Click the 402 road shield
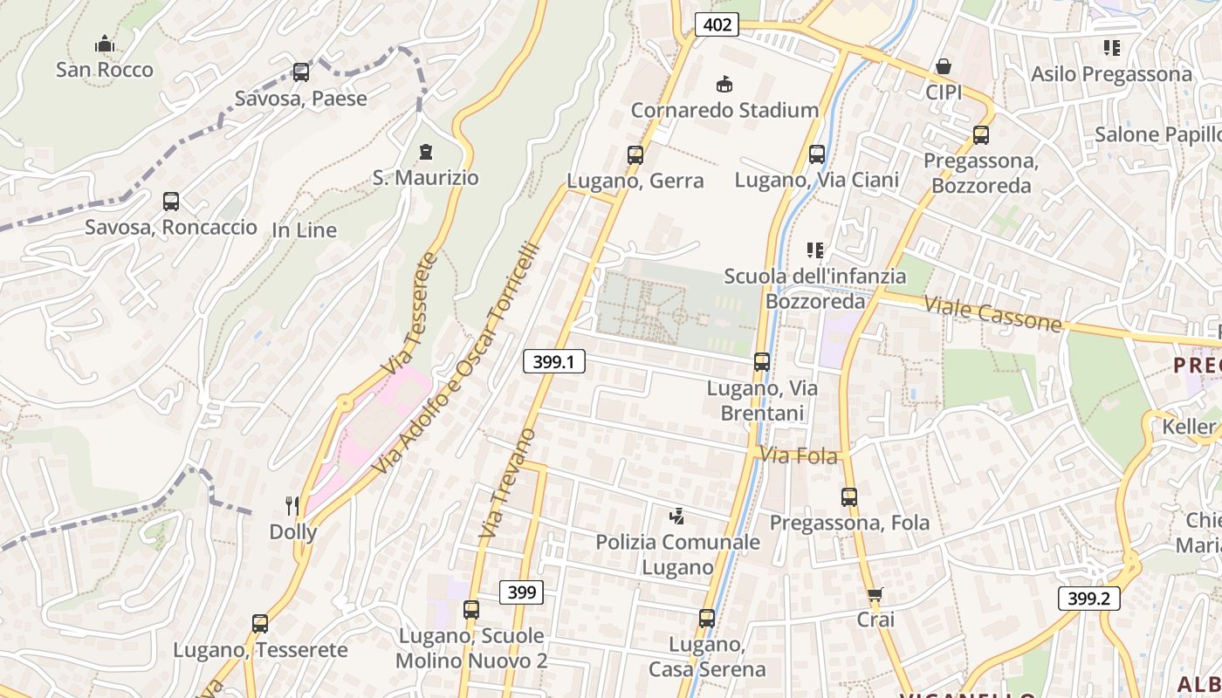coord(717,25)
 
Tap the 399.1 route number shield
coord(553,360)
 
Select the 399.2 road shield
coord(1088,599)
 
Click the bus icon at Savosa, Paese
coord(301,72)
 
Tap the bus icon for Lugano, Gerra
coord(635,155)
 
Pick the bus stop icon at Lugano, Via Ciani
coord(817,154)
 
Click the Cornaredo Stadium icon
coord(724,85)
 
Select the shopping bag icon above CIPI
coord(944,66)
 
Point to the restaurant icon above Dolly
coord(292,505)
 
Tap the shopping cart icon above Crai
coord(875,595)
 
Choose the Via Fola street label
coord(799,455)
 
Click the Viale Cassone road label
coord(992,314)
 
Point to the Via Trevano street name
coord(508,482)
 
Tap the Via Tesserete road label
coord(408,313)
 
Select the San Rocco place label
coord(105,70)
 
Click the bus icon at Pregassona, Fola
coord(849,497)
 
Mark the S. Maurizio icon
coord(426,153)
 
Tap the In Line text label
coord(304,230)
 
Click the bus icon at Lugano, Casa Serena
coord(707,619)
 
